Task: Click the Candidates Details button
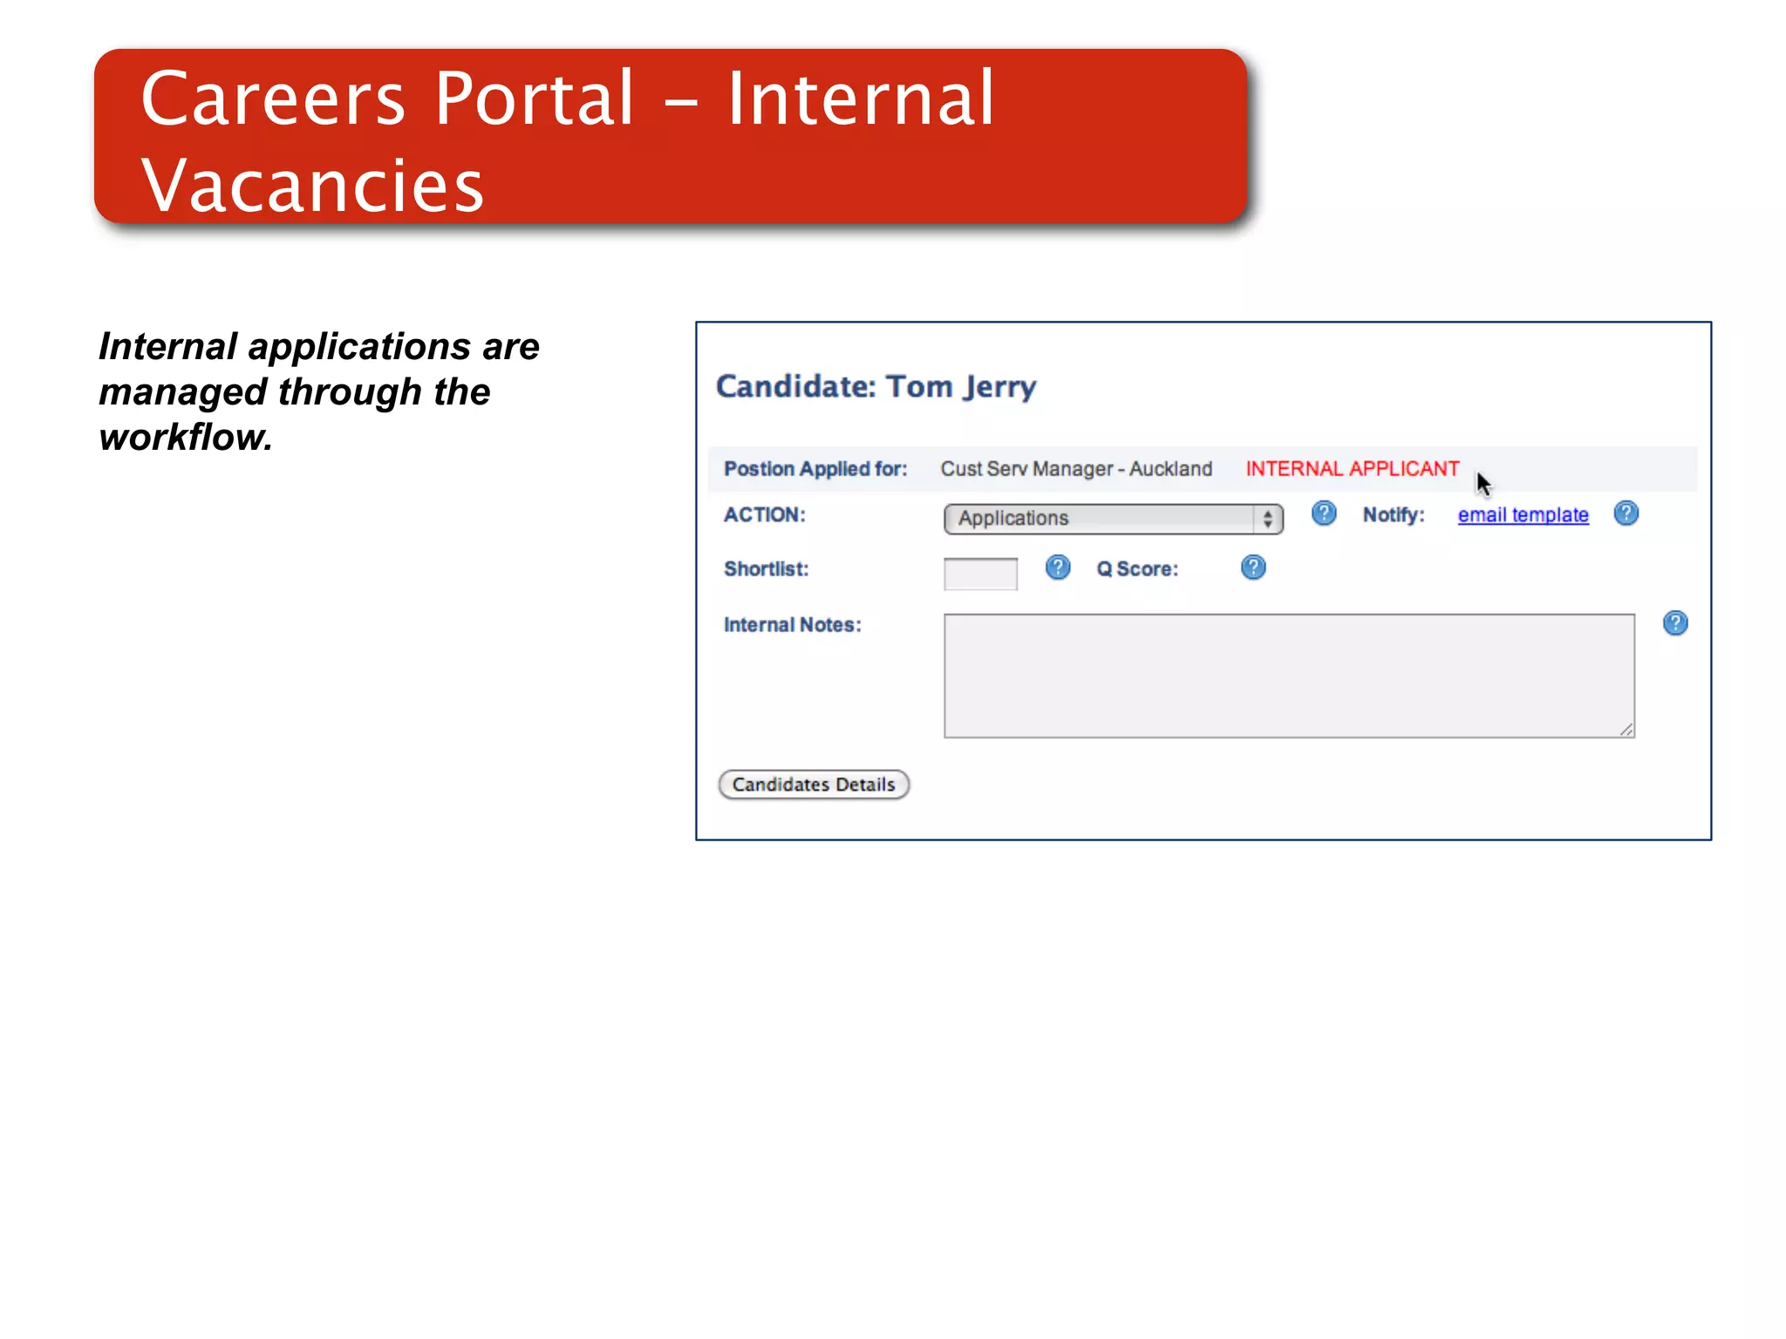tap(813, 785)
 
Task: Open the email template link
tap(1523, 515)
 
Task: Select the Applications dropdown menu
tap(1113, 519)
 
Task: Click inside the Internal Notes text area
tap(1288, 676)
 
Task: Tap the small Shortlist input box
tap(980, 574)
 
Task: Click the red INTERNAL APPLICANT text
tap(1352, 469)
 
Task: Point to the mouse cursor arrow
tap(1483, 483)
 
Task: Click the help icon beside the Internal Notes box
tap(1674, 623)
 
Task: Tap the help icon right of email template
tap(1626, 513)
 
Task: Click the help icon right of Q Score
tap(1253, 568)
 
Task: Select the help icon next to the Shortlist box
tap(1057, 568)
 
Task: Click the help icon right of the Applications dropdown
tap(1323, 513)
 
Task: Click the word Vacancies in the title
tap(312, 186)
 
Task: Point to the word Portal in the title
tap(534, 99)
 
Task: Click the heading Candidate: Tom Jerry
tap(876, 386)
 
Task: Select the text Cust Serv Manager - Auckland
tap(1076, 469)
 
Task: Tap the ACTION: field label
tap(764, 514)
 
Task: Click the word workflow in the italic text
tap(185, 438)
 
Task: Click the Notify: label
tap(1393, 515)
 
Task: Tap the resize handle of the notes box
tap(1626, 730)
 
